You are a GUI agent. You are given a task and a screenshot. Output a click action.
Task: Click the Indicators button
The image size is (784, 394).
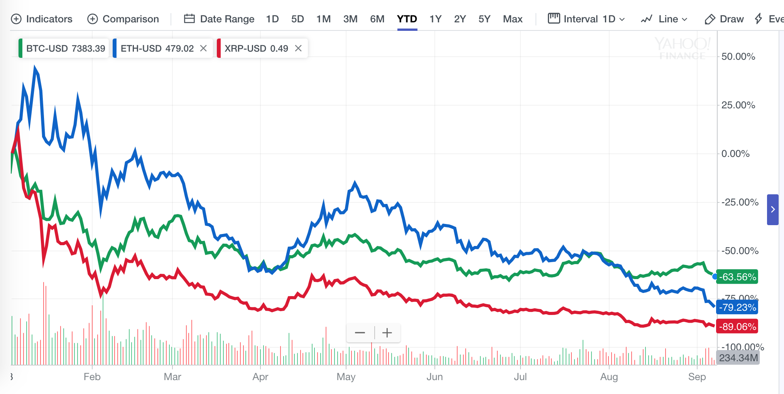click(42, 19)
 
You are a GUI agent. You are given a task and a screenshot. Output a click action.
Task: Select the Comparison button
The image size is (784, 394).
click(123, 19)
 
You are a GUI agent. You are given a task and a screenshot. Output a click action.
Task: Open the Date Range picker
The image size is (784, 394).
click(219, 19)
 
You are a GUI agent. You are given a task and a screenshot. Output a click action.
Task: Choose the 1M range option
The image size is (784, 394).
click(323, 19)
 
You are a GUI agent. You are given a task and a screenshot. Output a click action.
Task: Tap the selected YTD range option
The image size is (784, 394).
click(407, 19)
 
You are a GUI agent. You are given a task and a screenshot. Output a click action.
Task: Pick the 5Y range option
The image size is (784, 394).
click(484, 19)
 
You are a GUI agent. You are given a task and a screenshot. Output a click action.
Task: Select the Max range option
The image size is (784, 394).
click(512, 19)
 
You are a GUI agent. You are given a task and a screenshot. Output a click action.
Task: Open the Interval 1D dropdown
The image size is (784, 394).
click(586, 19)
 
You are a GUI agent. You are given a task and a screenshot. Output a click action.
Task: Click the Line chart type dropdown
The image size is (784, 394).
click(664, 19)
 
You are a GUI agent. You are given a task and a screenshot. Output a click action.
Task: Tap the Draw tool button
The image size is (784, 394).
click(724, 19)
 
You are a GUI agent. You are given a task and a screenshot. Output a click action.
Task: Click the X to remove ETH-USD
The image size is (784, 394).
click(203, 48)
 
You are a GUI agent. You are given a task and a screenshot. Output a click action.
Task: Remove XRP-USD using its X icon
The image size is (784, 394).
click(298, 48)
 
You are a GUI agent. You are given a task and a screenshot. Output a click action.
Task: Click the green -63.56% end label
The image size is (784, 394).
click(737, 277)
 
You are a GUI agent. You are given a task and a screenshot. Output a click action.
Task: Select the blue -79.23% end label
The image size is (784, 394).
click(737, 307)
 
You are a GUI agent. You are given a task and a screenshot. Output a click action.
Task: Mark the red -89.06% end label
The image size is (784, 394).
click(737, 327)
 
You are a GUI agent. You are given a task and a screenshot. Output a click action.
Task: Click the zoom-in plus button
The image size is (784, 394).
click(387, 333)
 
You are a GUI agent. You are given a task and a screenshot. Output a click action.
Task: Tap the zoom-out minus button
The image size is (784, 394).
click(360, 333)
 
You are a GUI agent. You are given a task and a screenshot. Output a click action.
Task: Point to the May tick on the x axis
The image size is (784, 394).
click(346, 377)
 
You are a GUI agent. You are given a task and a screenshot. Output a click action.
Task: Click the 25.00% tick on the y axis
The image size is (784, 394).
click(738, 105)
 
